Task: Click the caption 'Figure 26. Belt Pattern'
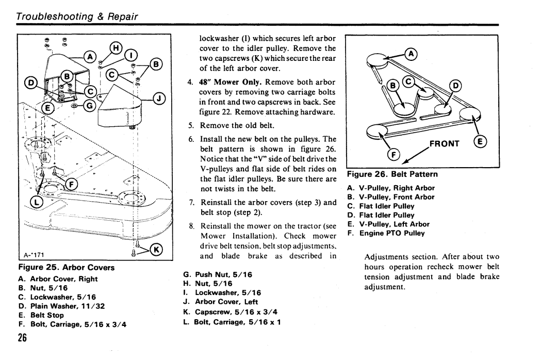tap(392, 174)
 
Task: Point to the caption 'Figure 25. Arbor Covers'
tap(67, 267)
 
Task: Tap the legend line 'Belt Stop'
tap(41, 315)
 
